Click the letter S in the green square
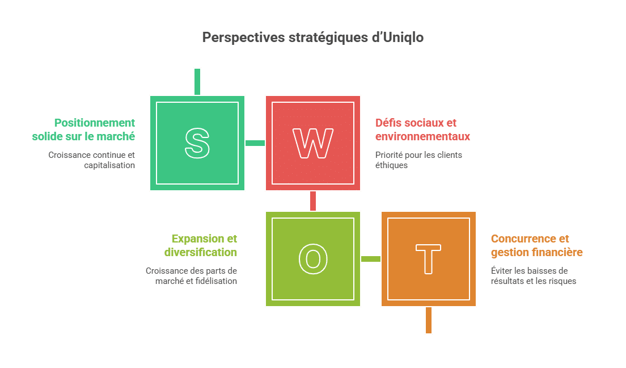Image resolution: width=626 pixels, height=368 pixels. click(197, 143)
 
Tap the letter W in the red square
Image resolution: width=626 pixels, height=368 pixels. click(312, 143)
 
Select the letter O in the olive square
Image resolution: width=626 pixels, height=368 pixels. click(313, 259)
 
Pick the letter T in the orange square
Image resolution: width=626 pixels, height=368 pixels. click(428, 259)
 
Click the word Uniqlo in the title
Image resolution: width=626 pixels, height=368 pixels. click(403, 37)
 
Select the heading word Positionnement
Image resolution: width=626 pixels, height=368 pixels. click(95, 123)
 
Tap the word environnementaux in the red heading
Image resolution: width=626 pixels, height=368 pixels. click(423, 136)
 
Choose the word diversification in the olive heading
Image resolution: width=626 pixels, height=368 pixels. click(200, 252)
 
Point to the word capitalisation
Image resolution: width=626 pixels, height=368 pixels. click(109, 165)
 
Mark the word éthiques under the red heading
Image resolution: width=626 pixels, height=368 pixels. click(391, 165)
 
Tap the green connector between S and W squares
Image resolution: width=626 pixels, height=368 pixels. click(255, 143)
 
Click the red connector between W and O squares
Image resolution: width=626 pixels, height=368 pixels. click(313, 201)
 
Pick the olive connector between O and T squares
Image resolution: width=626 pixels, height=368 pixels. click(371, 259)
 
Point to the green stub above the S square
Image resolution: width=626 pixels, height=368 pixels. click(197, 82)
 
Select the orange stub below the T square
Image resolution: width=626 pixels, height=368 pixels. click(428, 320)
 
